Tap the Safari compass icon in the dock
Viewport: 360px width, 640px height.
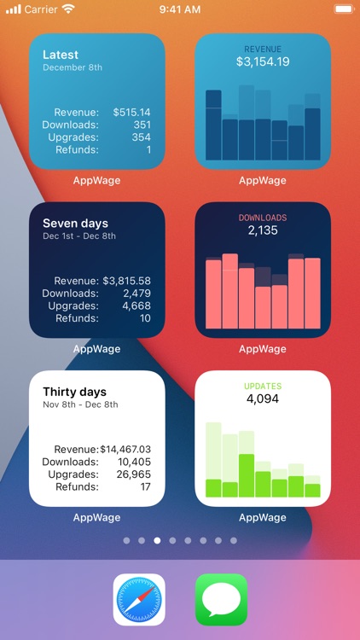point(139,600)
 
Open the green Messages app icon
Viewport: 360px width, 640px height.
point(221,600)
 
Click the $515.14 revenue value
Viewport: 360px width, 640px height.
point(131,112)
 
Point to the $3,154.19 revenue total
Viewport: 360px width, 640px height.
point(263,62)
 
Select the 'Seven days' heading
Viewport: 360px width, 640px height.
point(75,224)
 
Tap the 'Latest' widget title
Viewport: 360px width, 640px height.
point(61,55)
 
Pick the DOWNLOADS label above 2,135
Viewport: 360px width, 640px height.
point(263,218)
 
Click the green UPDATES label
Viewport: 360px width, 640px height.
point(263,387)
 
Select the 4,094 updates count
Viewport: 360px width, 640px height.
point(263,399)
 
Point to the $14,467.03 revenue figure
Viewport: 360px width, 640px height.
point(125,449)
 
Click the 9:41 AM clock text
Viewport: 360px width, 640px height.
point(180,9)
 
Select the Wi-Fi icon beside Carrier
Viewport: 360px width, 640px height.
point(68,9)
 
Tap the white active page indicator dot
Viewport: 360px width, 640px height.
point(157,540)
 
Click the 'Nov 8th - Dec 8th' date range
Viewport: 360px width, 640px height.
point(80,404)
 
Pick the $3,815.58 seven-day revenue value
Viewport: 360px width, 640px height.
point(127,281)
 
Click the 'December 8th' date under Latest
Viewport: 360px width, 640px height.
point(73,67)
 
